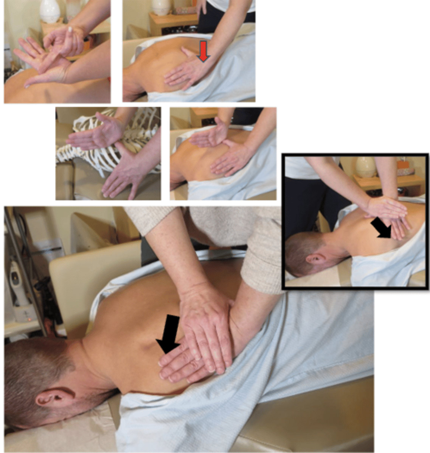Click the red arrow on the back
click(204, 51)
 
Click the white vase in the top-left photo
click(50, 11)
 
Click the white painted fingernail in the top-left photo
click(70, 29)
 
